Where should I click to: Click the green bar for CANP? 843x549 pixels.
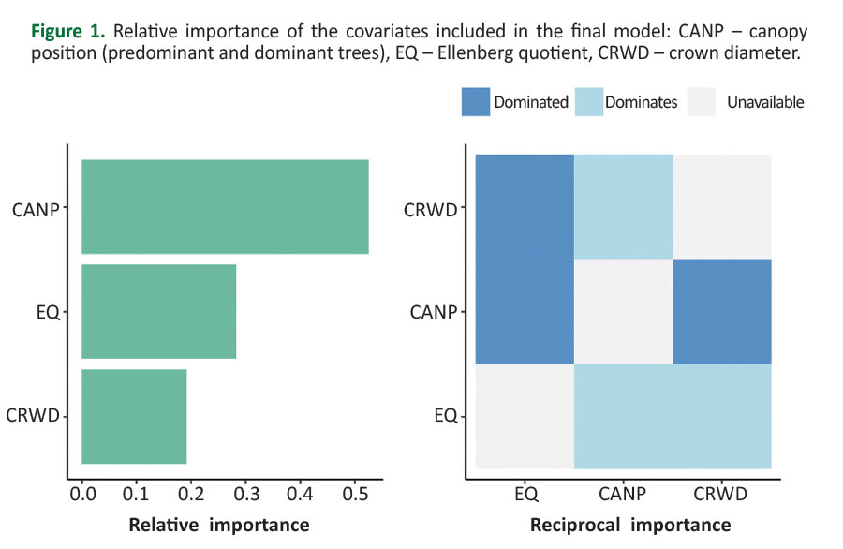pos(225,207)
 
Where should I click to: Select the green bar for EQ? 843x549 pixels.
pos(158,312)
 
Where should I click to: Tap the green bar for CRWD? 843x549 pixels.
pos(134,417)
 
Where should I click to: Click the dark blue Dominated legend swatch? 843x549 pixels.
pos(476,102)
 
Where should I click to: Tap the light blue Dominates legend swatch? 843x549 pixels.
pos(586,102)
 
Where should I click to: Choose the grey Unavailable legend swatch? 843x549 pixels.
pos(702,102)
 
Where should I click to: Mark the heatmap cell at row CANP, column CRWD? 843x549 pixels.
pos(722,312)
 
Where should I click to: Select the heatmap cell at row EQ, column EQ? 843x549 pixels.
pos(525,417)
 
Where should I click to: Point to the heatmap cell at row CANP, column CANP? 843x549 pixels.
pos(623,312)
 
